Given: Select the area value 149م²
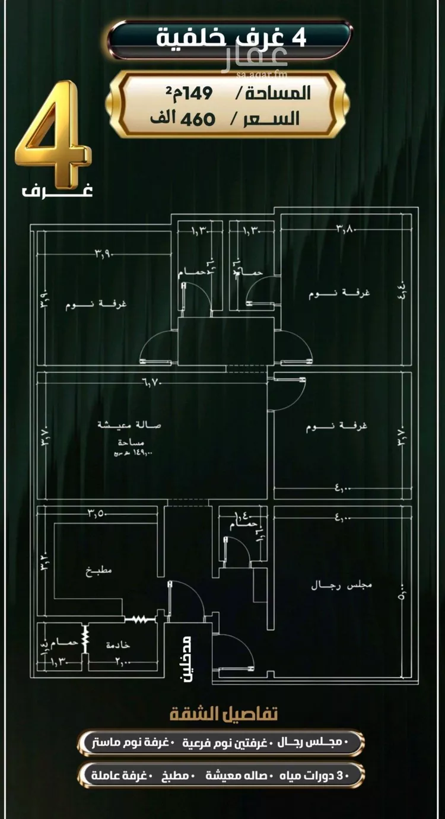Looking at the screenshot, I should point(191,92).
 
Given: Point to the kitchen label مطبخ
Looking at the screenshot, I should point(98,570).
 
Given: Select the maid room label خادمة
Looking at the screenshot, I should point(118,645).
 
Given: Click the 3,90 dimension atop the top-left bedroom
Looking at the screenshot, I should point(104,255).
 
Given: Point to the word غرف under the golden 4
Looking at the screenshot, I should point(58,191).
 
